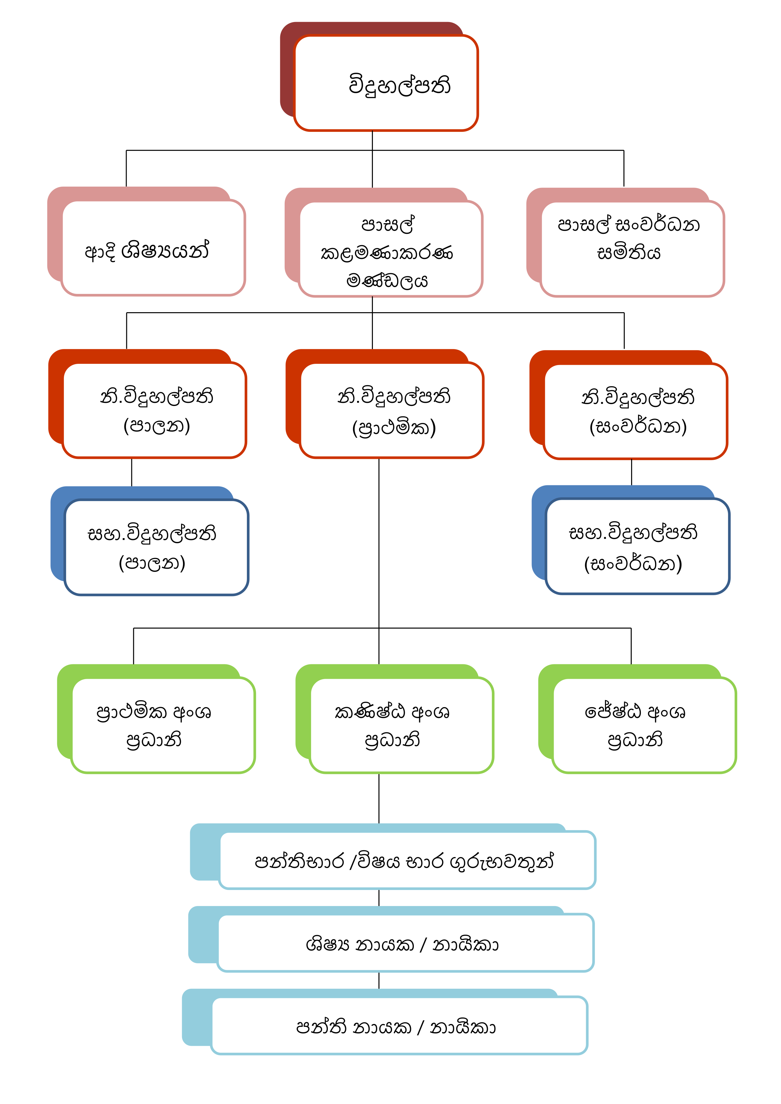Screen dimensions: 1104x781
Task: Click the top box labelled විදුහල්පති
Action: pyautogui.click(x=386, y=83)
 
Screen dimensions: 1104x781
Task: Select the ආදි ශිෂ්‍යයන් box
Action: pyautogui.click(x=153, y=248)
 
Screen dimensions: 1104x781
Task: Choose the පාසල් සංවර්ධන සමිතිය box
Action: pyautogui.click(x=632, y=248)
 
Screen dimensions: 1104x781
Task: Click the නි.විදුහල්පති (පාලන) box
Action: pyautogui.click(x=154, y=410)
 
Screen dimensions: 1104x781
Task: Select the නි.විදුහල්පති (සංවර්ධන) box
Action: pyautogui.click(x=635, y=411)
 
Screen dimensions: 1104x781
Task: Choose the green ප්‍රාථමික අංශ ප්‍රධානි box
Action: pyautogui.click(x=162, y=725)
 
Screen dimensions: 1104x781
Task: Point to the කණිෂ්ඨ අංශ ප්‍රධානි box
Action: pyautogui.click(x=401, y=725)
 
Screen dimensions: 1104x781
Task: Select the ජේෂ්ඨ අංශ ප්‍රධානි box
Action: pyautogui.click(x=644, y=725)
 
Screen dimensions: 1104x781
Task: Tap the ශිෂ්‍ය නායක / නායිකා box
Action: pyautogui.click(x=405, y=943)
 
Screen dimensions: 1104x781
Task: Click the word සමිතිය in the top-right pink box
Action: pyautogui.click(x=629, y=252)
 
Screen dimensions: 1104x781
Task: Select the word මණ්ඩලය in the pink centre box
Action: pyautogui.click(x=387, y=280)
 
